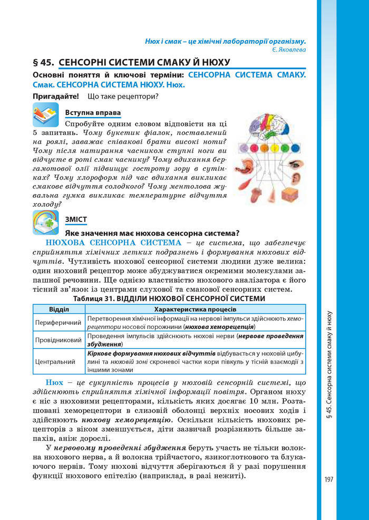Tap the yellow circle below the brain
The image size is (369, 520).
275,148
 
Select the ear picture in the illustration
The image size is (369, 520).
296,178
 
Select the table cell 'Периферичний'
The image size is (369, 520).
58,322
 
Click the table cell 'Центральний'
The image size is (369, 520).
58,362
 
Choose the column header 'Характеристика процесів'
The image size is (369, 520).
195,309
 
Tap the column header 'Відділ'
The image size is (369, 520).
59,309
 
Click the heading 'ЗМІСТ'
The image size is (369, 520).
76,219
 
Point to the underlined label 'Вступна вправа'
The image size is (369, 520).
92,113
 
